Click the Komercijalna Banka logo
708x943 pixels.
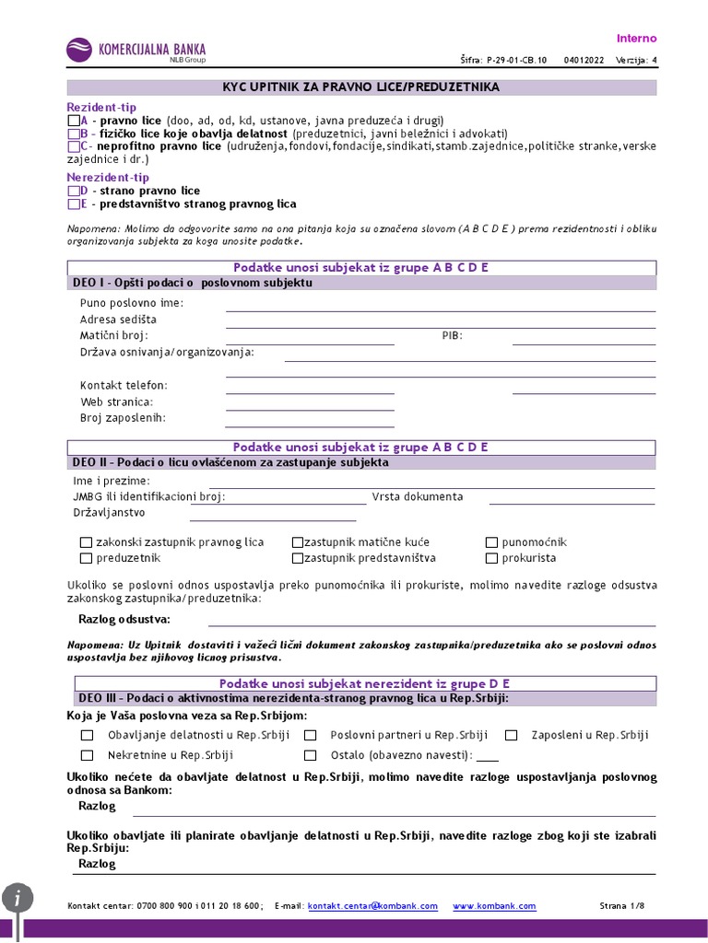tap(136, 51)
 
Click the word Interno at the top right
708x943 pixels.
tap(636, 38)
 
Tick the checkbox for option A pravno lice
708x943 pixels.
tap(74, 121)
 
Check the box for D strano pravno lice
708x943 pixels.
tap(74, 191)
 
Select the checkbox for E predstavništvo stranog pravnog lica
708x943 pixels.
tap(74, 204)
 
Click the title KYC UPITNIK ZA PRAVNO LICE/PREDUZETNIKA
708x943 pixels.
tap(361, 87)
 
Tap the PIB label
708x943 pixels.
tap(452, 335)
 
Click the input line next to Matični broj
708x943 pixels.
tap(310, 339)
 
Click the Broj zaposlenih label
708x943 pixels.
tap(123, 418)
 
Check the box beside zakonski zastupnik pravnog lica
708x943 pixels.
tap(87, 542)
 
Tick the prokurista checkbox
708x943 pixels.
tap(492, 558)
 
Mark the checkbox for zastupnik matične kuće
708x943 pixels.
tap(298, 542)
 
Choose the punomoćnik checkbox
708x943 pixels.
tap(492, 542)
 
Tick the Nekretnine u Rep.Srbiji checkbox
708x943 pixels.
tap(88, 755)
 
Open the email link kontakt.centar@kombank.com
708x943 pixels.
tap(372, 906)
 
